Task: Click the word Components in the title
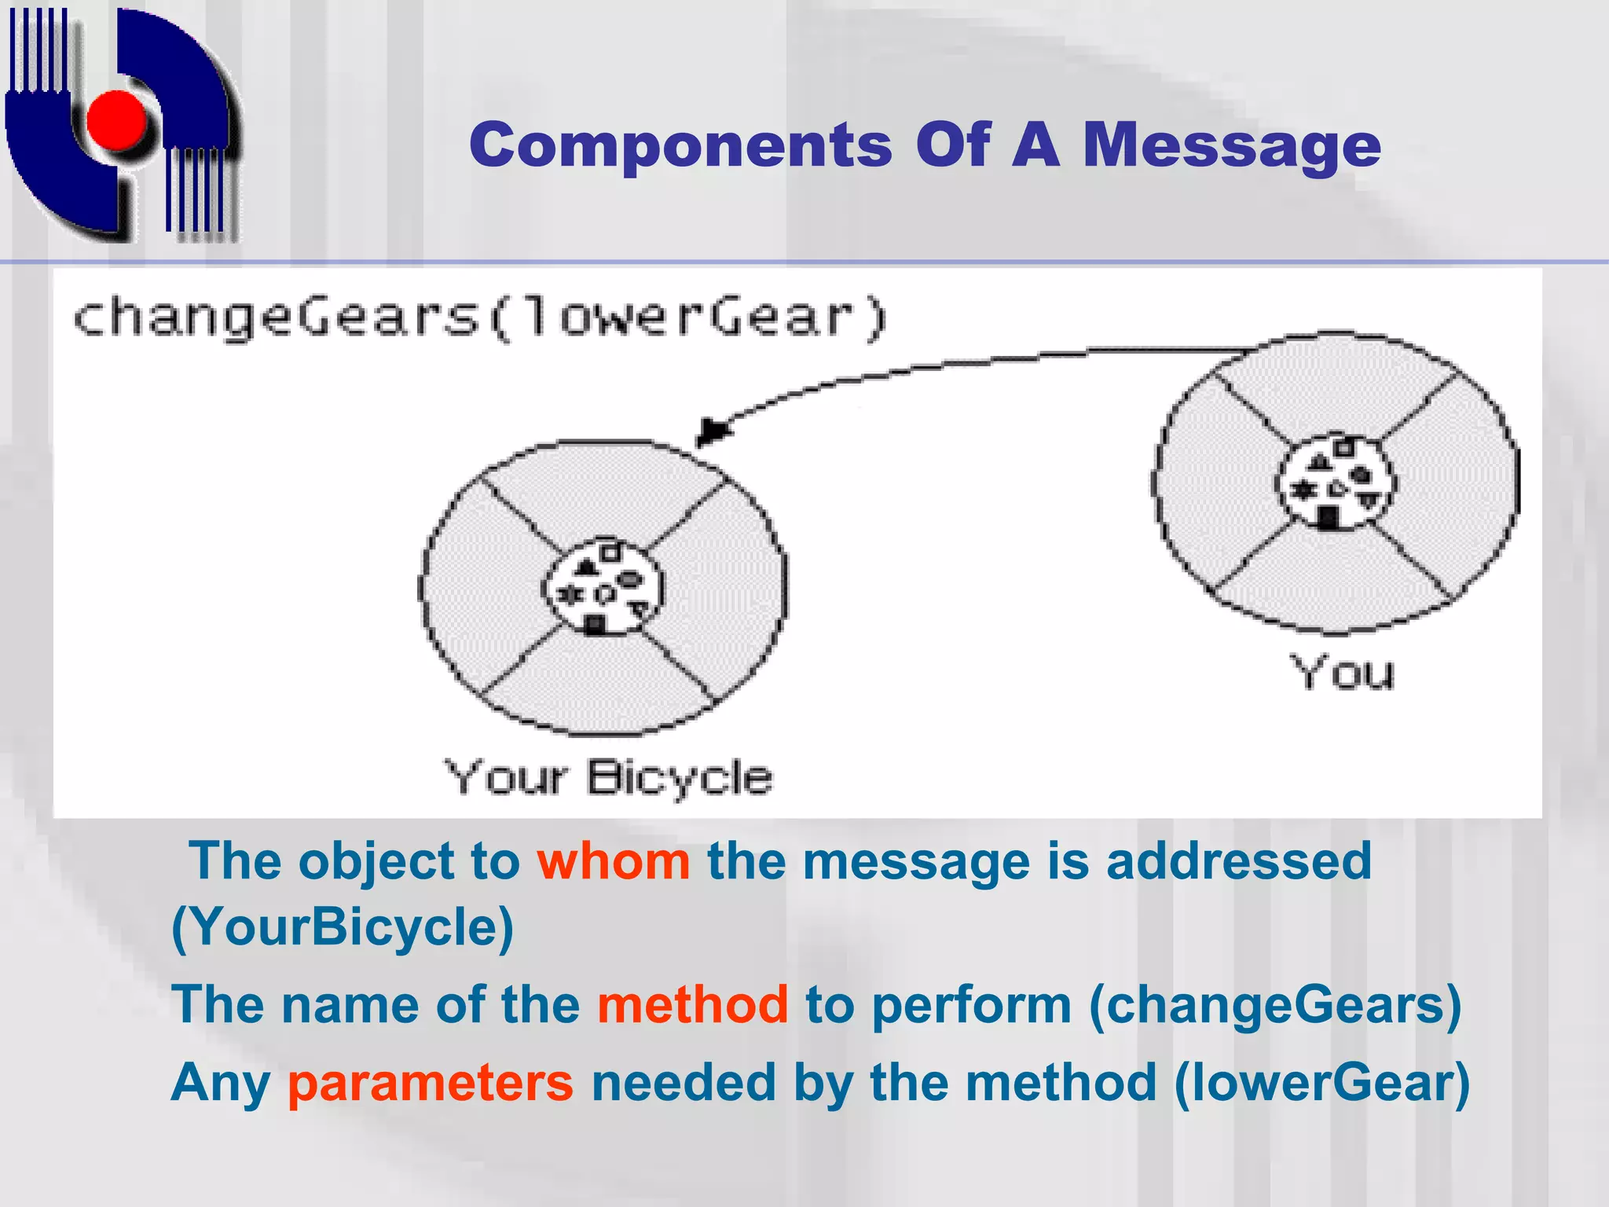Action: (x=680, y=145)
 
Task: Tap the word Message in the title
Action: (x=1231, y=147)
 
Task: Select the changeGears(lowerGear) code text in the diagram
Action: (x=479, y=317)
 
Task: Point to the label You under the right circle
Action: (x=1342, y=673)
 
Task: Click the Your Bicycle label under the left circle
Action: (x=608, y=778)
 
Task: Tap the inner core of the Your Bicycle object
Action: (x=603, y=588)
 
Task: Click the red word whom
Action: (x=614, y=861)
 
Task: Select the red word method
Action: (x=692, y=1004)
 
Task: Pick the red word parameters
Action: (x=431, y=1083)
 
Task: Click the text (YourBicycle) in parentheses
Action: (x=343, y=927)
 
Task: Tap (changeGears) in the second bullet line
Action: (x=1274, y=1004)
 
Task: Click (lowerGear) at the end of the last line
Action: (x=1321, y=1083)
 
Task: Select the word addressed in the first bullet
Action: (x=1238, y=861)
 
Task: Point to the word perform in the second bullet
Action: (x=972, y=1006)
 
